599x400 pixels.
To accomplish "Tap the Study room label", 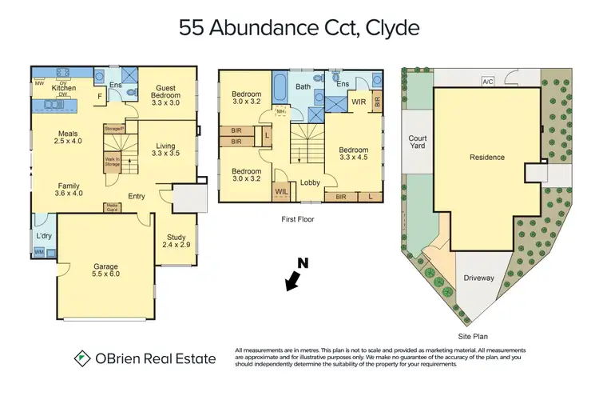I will click(176, 241).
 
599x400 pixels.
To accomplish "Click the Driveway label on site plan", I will click(479, 278).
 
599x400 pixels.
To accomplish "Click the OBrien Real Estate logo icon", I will click(81, 358).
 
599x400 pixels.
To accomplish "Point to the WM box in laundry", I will click(38, 253).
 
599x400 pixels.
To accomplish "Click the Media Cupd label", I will click(112, 207).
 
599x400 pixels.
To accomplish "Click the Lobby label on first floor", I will click(310, 182).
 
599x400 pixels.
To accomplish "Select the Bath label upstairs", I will click(303, 86).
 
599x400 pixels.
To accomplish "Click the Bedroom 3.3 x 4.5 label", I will click(353, 154).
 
